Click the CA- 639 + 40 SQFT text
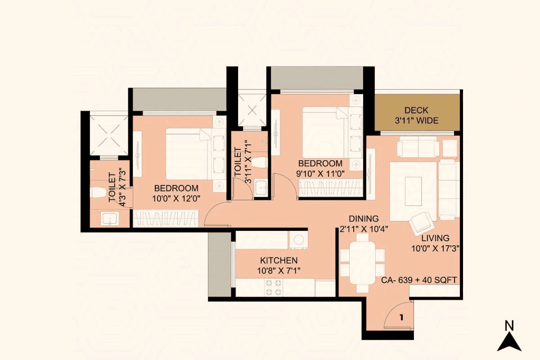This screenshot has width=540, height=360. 419,280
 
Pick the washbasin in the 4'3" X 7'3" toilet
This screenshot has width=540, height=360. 109,219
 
